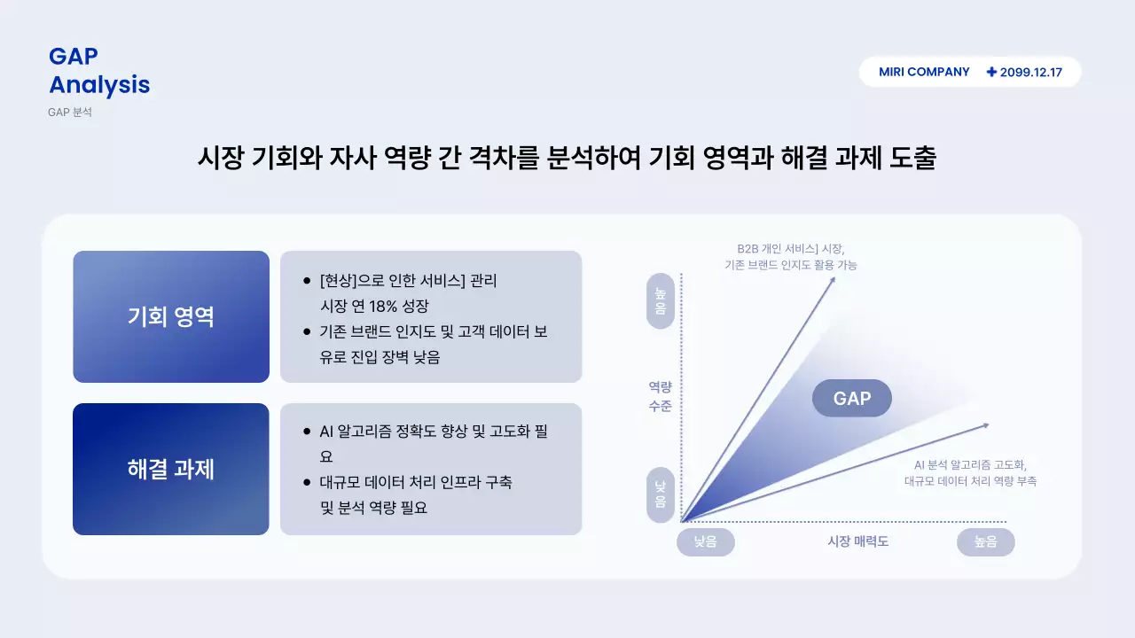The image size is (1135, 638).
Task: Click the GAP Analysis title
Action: coord(98,71)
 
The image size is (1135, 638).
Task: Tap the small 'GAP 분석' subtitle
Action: coord(70,113)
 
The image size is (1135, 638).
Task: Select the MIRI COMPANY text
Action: coord(924,72)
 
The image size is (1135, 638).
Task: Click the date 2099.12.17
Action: coord(1030,73)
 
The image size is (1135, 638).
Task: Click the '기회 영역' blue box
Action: coord(171,316)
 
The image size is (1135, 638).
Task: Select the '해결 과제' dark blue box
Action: coord(171,469)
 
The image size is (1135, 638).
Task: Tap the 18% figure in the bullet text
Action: coord(385,307)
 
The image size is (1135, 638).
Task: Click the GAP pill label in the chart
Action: coord(851,399)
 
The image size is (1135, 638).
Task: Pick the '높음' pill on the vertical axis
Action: coord(661,301)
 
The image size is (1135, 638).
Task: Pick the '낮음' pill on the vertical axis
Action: coord(661,494)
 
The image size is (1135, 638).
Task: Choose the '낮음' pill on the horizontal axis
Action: coord(705,541)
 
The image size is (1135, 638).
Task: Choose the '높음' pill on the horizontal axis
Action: coord(985,541)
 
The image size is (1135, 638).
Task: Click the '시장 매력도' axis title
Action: coord(857,541)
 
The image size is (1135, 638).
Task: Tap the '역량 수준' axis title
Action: coord(660,397)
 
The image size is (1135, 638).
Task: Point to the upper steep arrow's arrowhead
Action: coord(833,279)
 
